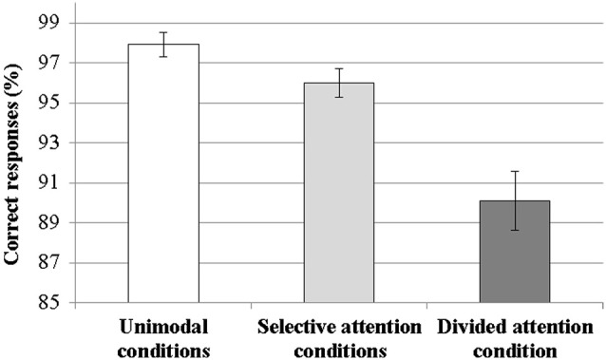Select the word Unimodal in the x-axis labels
[163, 328]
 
